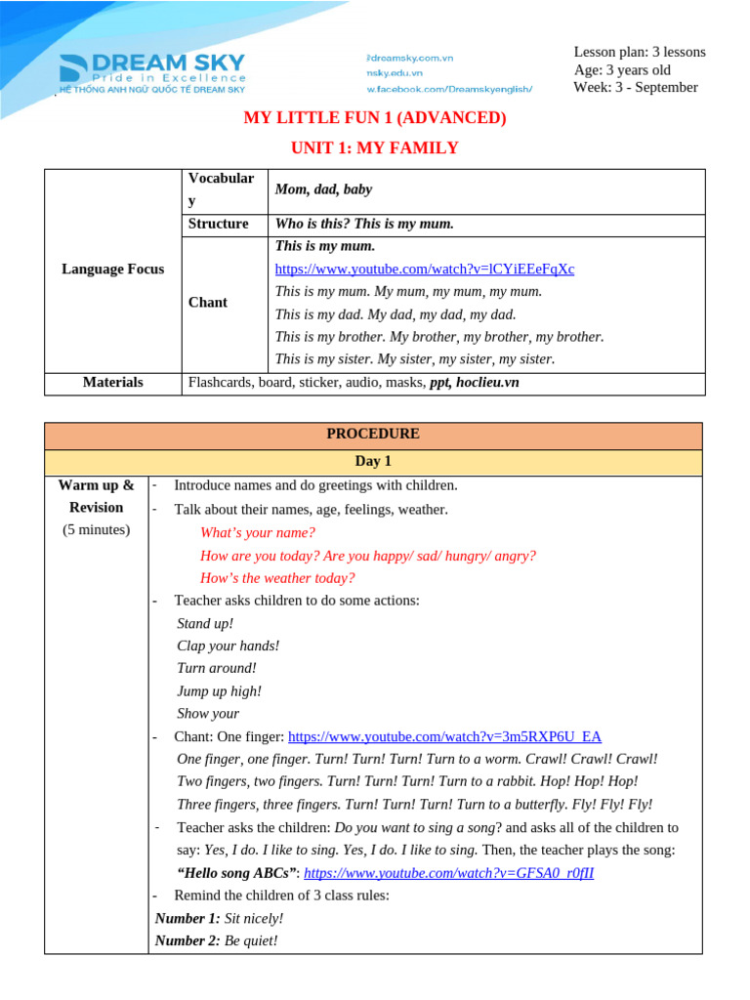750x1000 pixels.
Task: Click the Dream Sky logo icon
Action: pos(74,68)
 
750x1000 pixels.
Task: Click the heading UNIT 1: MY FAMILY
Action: pos(374,147)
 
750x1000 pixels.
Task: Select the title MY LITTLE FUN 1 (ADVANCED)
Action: pos(374,118)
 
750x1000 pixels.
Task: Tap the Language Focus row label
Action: pos(113,269)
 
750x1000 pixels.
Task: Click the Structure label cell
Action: pos(218,224)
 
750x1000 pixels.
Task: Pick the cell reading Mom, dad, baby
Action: pos(323,189)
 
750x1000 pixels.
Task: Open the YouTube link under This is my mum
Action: pos(425,269)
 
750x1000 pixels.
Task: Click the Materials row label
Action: pos(113,382)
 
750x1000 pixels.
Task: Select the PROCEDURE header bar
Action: pos(373,434)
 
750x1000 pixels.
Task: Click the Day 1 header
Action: pos(373,461)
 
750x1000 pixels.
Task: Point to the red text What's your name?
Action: pos(258,532)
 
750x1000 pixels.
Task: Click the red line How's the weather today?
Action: pos(277,577)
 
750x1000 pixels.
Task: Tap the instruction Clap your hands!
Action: pos(228,646)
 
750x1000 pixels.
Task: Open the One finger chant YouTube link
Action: pos(444,736)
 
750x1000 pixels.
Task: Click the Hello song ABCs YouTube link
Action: pos(449,873)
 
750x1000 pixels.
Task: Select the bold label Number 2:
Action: pos(187,940)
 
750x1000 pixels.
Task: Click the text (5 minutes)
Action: pos(97,530)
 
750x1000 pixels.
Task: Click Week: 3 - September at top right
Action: pos(635,87)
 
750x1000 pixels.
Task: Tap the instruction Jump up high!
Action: pos(219,690)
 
